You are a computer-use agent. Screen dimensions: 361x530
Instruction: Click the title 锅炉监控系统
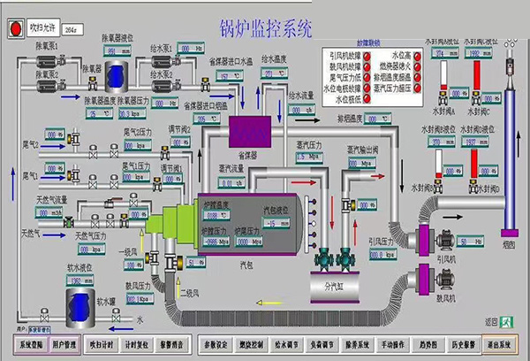point(265,28)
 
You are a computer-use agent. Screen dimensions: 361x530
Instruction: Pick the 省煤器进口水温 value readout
point(227,75)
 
